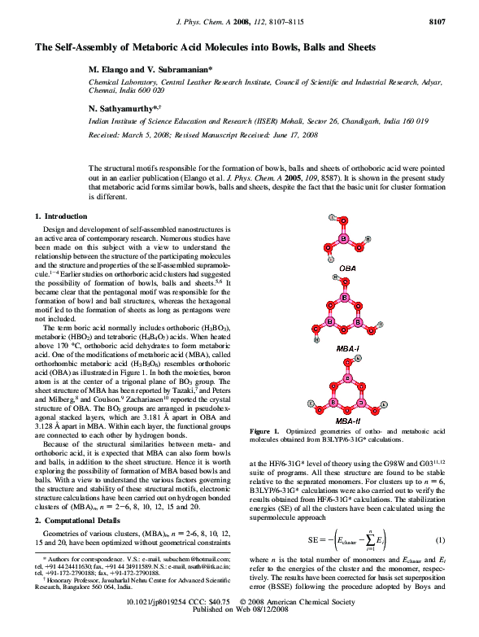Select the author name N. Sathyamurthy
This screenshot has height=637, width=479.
click(123, 107)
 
